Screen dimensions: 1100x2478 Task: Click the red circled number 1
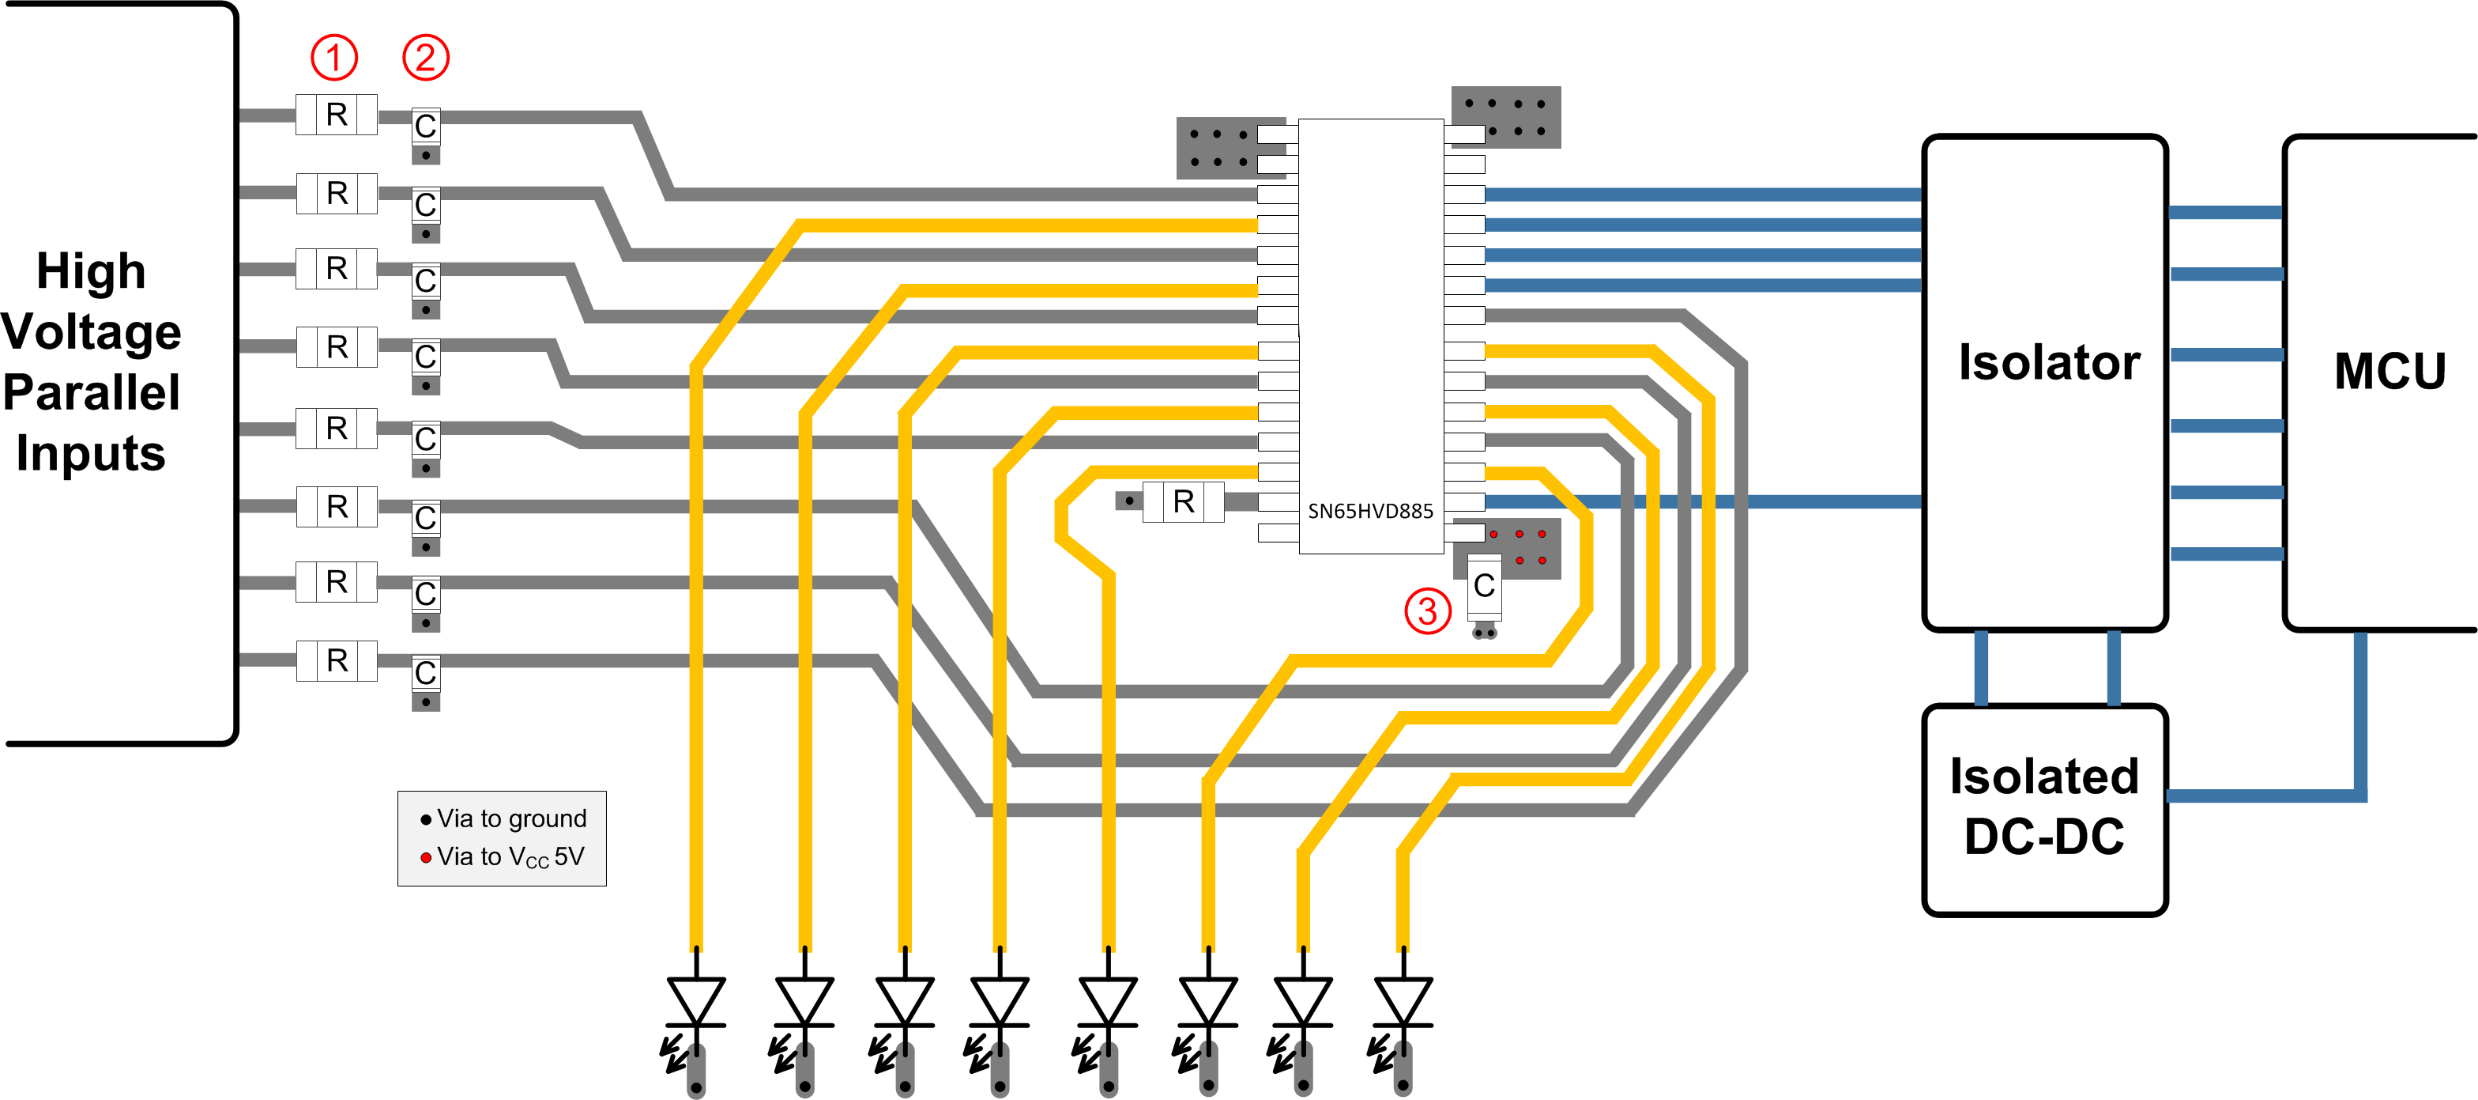[333, 58]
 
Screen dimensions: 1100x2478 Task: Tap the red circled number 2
[425, 58]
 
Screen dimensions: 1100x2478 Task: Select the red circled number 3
[1428, 611]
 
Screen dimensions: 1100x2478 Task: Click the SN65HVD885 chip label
[1370, 511]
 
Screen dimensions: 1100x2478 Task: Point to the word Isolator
[2049, 363]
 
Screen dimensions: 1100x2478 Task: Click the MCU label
[2389, 372]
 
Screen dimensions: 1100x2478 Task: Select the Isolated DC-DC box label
[2044, 807]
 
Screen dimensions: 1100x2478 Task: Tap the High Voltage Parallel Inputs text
[92, 362]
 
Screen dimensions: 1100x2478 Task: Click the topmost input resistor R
[336, 115]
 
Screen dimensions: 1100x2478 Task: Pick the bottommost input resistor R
[336, 660]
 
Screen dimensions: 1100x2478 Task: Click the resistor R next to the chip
[1183, 501]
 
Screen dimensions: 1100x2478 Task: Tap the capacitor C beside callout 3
[1483, 585]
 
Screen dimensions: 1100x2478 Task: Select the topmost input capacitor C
[425, 125]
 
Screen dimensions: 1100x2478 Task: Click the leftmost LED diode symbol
[695, 1001]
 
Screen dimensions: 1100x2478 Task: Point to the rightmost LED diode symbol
[1403, 1001]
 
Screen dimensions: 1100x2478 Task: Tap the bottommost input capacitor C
[425, 673]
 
